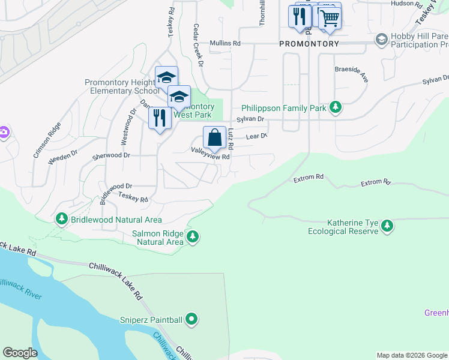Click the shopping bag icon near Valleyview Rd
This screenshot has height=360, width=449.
point(214,138)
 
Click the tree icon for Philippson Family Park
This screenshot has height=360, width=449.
point(336,108)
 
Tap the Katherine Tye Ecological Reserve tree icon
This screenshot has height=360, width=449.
point(388,226)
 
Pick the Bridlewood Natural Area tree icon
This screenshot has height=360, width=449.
point(62,220)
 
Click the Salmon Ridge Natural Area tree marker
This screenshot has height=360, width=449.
point(193,237)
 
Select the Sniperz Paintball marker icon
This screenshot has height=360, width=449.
point(191,319)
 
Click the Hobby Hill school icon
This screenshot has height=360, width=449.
point(381,40)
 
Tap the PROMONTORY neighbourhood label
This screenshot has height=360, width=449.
point(309,44)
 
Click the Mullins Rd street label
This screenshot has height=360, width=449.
point(225,43)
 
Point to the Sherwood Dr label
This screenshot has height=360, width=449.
point(111,155)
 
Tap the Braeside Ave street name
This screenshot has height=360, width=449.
point(351,74)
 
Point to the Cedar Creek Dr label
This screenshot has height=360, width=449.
point(199,45)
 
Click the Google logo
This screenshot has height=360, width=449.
point(20,352)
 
